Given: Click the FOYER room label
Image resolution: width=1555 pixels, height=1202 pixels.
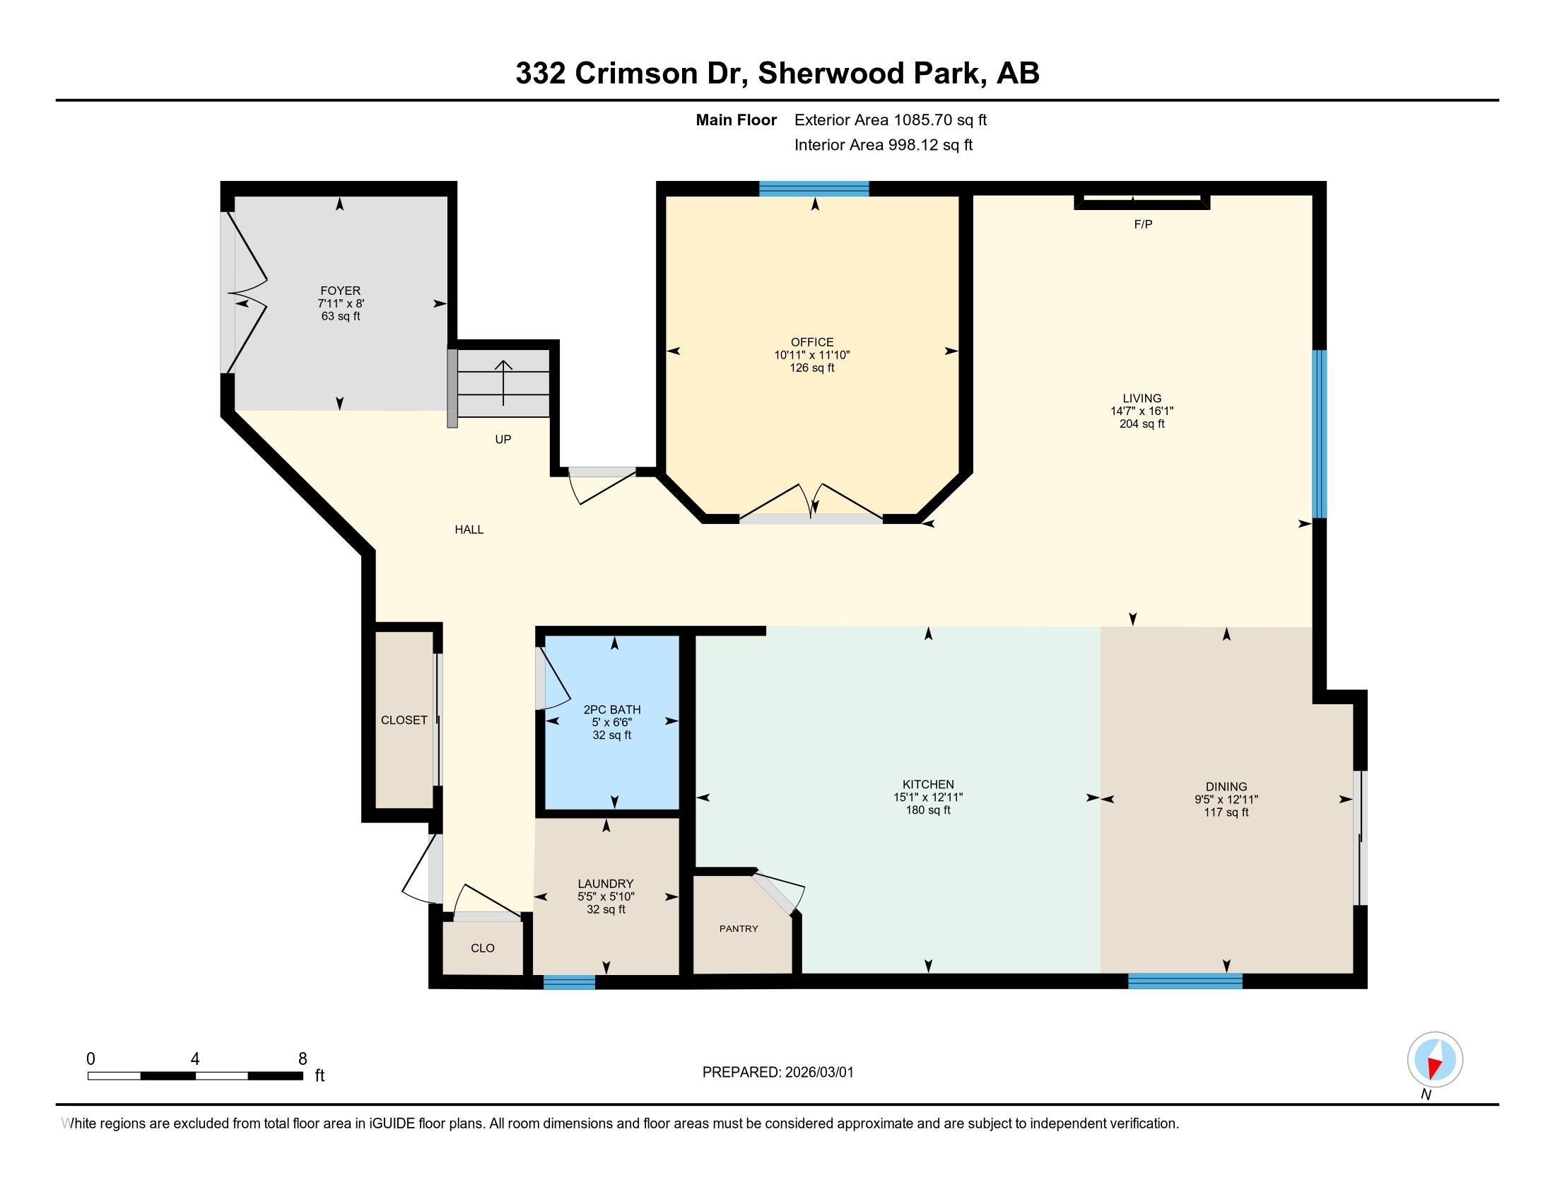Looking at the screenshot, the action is pos(341,291).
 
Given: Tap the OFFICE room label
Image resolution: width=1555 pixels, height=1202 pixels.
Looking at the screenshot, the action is pos(811,342).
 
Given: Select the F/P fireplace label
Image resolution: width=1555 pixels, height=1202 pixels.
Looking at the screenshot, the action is pos(1143,224).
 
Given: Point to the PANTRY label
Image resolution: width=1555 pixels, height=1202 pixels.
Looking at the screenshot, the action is pos(739,928).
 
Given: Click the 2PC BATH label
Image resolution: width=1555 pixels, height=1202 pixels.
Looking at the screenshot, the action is pos(611,709).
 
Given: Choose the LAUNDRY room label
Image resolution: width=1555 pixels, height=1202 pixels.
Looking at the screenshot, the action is pos(606,884).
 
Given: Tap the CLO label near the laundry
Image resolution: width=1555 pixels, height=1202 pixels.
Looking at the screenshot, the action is pos(483,947).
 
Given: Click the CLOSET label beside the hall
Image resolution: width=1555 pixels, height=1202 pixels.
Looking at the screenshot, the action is pos(404,720).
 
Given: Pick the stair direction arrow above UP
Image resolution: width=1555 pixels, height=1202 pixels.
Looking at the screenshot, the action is pos(503,383).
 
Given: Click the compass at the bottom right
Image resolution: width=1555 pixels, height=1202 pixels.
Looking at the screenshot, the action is pos(1435,1060).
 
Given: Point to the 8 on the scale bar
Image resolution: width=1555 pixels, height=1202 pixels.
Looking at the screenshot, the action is pos(303,1058).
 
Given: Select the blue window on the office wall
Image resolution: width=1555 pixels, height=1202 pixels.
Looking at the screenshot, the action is pos(814,189).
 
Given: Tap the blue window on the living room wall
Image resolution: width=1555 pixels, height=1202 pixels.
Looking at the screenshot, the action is pos(1320,433).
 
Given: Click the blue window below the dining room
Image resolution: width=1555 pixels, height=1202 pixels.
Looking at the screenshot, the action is pos(1185,981).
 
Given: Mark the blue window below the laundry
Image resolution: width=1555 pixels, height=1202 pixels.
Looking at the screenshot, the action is pos(569,982).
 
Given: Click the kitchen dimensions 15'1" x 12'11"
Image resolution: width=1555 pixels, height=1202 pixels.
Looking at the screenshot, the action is pos(928,798).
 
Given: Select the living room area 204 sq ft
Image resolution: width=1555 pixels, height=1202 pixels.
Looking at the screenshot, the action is pos(1142,424).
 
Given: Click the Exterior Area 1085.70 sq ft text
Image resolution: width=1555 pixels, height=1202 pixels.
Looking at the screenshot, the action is pos(891,119).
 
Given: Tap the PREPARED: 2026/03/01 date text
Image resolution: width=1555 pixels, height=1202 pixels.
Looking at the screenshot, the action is pos(777,1072).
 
